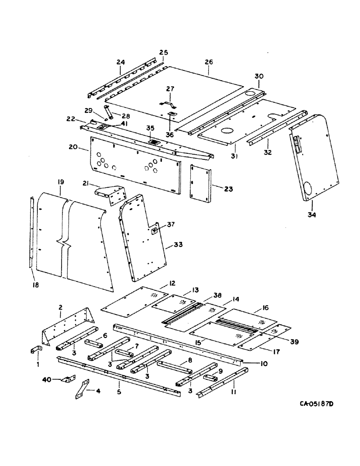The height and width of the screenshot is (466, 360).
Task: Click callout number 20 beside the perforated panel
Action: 72,147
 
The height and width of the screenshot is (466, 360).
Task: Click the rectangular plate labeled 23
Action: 201,184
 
